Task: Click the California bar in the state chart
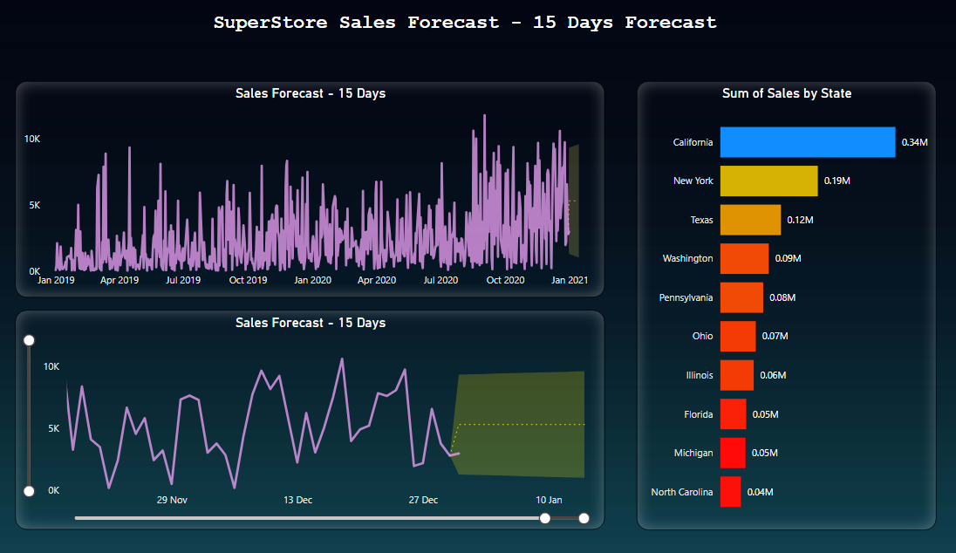coord(807,142)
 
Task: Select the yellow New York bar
coord(768,181)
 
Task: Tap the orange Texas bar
coord(750,220)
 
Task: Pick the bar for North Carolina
coord(730,492)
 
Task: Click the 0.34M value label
coord(914,142)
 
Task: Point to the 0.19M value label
coord(837,181)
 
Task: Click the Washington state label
coord(687,258)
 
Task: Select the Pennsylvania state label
coord(686,297)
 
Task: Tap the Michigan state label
coord(693,453)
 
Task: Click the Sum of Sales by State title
coord(787,93)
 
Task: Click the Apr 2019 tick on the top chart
coord(119,280)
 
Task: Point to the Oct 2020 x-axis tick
coord(505,280)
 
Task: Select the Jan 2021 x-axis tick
coord(570,280)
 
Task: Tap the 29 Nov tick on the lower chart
coord(172,500)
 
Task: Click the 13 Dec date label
coord(297,500)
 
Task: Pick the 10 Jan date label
coord(549,500)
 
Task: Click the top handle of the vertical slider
coord(29,339)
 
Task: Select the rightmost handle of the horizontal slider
coord(584,518)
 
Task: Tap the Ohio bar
coord(738,336)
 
